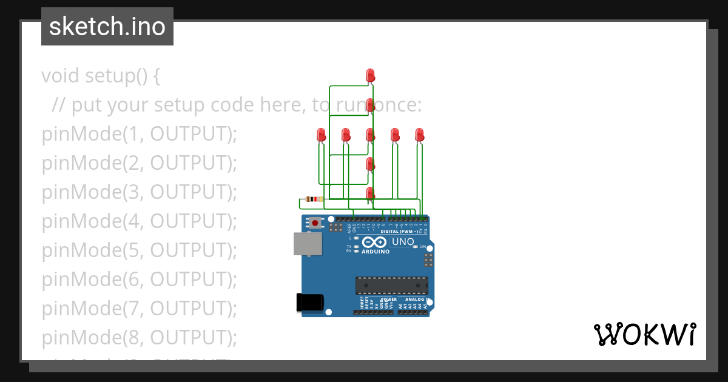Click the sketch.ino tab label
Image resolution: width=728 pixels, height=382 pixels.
[x=107, y=27]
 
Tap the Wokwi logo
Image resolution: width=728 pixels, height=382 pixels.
[x=644, y=334]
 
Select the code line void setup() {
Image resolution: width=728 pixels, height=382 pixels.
[x=101, y=76]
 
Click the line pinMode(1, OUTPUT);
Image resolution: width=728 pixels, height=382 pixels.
[x=139, y=134]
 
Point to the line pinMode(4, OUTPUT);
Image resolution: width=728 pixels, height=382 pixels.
[x=139, y=221]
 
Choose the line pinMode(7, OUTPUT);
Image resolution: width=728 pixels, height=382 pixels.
[x=139, y=309]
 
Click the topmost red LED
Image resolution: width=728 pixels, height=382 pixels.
[x=371, y=75]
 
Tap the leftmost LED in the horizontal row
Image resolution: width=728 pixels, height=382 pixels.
[x=322, y=135]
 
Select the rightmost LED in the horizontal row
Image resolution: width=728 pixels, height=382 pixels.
[x=419, y=135]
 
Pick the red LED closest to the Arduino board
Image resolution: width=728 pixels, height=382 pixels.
[x=371, y=193]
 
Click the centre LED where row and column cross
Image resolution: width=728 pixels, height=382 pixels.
[x=371, y=135]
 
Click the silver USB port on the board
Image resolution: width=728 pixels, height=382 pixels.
[x=308, y=244]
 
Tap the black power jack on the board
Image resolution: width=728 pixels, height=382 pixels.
[x=309, y=303]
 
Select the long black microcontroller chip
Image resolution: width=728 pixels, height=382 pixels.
[x=391, y=285]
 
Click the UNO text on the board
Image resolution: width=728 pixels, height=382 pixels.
[x=403, y=242]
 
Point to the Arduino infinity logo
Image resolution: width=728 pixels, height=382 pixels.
[x=376, y=243]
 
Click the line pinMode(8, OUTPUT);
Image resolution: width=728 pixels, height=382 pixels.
[x=139, y=337]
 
